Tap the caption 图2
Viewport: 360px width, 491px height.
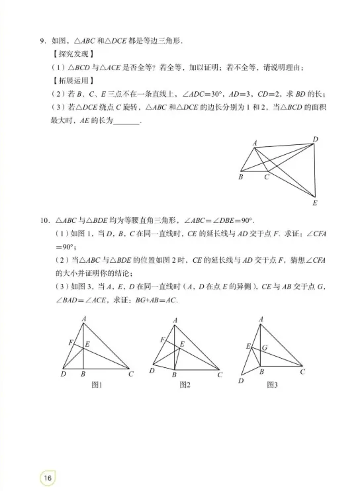[x=185, y=385]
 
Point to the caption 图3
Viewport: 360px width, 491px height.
[x=272, y=384]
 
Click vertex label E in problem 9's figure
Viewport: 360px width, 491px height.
[x=314, y=202]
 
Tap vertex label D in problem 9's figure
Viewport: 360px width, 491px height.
[x=315, y=139]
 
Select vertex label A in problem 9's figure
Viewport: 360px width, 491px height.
[x=255, y=143]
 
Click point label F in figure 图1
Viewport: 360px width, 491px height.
[x=70, y=342]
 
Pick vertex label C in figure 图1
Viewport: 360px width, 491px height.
[x=131, y=374]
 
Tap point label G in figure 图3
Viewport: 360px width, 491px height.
[x=265, y=347]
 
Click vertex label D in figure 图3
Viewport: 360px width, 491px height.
[x=241, y=381]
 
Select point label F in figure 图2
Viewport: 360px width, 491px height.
[x=162, y=339]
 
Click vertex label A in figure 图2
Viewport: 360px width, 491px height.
[x=175, y=321]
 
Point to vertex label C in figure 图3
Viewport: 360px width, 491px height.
[x=302, y=371]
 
